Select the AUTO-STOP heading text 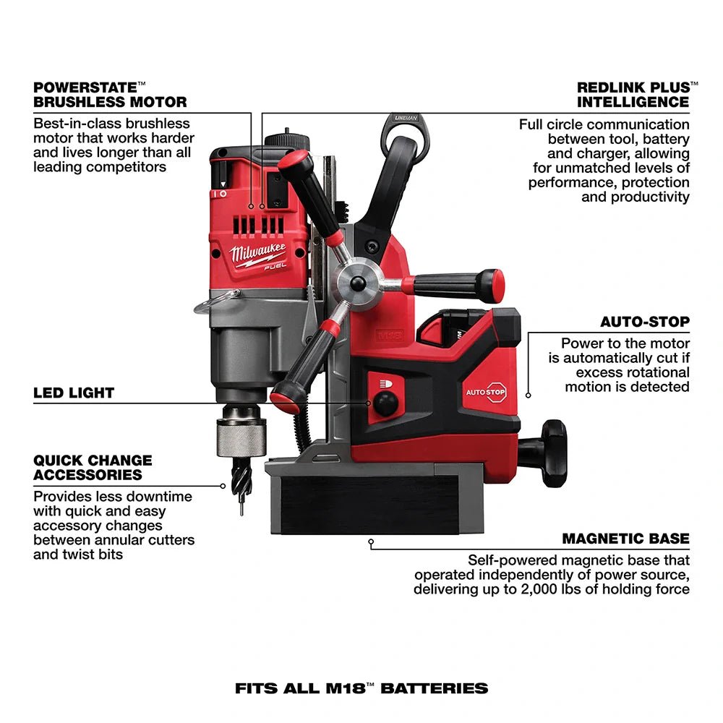(x=645, y=322)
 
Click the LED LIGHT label (x=74, y=393)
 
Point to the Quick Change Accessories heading (x=93, y=468)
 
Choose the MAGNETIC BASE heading (x=625, y=539)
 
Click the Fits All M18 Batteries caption (x=361, y=688)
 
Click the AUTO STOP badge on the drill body (x=486, y=391)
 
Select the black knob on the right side (x=553, y=453)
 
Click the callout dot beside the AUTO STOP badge (x=529, y=395)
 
